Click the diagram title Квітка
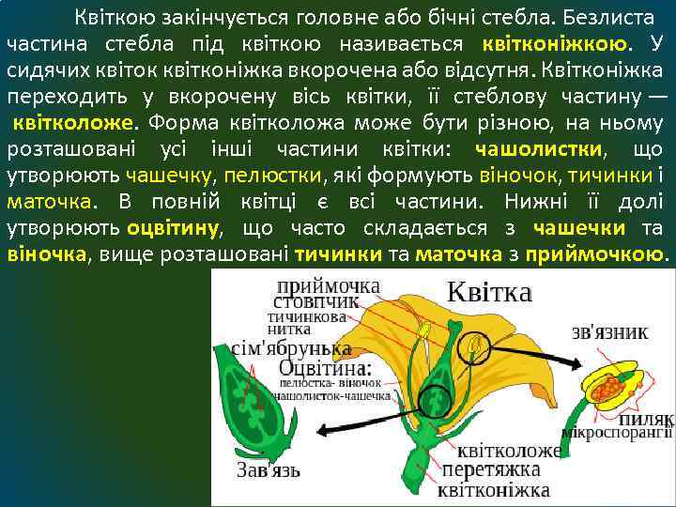(488, 292)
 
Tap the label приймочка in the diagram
(330, 284)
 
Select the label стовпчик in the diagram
(315, 301)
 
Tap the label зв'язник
(610, 331)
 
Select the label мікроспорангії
(617, 433)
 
